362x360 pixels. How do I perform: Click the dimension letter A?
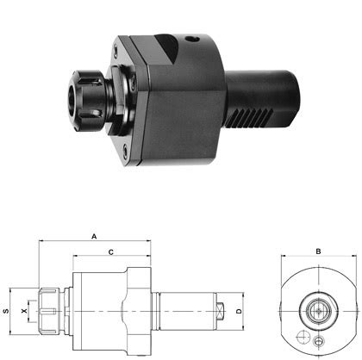tap(93, 234)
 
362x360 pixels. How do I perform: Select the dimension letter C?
tap(111, 252)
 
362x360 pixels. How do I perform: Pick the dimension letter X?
tap(25, 310)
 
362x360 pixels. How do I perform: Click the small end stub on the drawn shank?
tap(222, 309)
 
